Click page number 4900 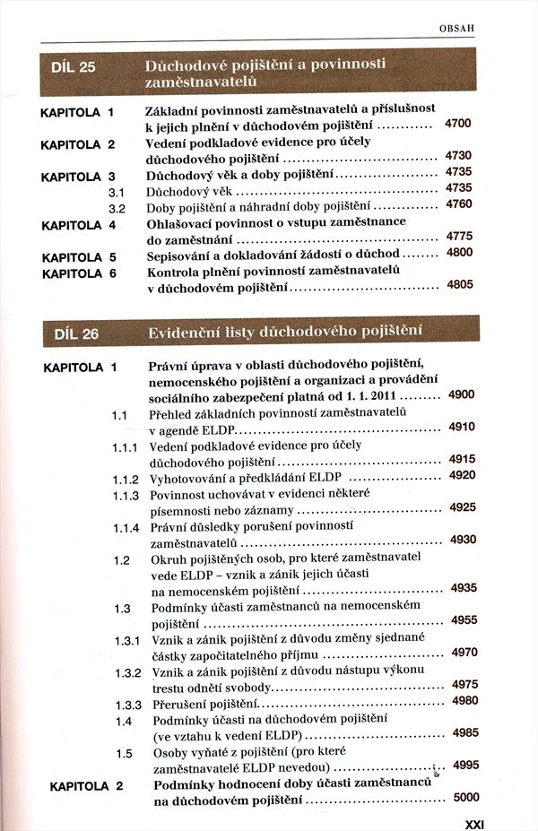coord(462,394)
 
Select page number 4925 coord(462,508)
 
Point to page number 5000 coord(466,797)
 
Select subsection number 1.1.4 coord(126,527)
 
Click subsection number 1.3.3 coord(126,703)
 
